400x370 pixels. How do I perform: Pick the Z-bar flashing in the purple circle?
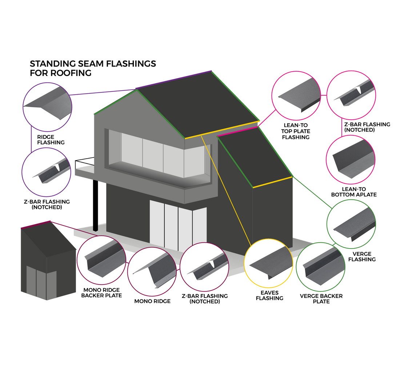(x=46, y=172)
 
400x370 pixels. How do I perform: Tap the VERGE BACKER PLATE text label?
(x=321, y=299)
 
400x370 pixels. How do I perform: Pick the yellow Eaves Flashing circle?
(x=268, y=263)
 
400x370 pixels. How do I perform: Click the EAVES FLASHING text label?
(x=269, y=295)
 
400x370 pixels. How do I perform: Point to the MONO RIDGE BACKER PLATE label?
(x=101, y=293)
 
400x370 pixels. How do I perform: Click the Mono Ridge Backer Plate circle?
(x=101, y=260)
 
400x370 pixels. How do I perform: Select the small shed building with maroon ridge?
(x=47, y=260)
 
